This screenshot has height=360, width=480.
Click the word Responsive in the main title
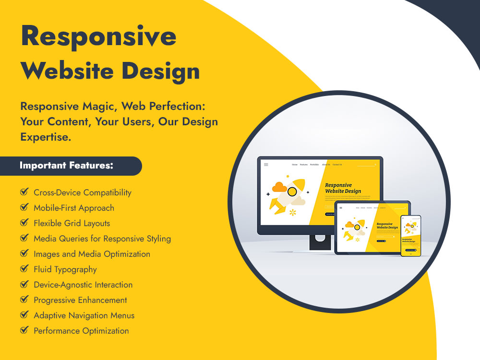98,36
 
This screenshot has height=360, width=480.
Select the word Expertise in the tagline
46,137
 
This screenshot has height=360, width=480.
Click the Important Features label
66,166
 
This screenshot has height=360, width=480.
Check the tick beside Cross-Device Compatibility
24,192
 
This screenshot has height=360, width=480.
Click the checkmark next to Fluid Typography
24,269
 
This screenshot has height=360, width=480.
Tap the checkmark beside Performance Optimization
24,331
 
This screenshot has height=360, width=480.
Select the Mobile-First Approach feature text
74,208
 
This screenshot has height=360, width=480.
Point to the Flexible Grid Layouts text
72,223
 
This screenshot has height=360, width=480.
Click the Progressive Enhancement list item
80,300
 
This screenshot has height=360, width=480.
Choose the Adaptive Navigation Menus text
84,315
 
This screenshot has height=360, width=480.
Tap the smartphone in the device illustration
410,235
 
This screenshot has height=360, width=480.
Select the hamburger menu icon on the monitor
266,165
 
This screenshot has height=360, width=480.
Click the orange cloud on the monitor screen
279,187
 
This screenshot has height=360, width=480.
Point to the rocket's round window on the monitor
292,192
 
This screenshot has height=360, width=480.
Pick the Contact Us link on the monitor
337,165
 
